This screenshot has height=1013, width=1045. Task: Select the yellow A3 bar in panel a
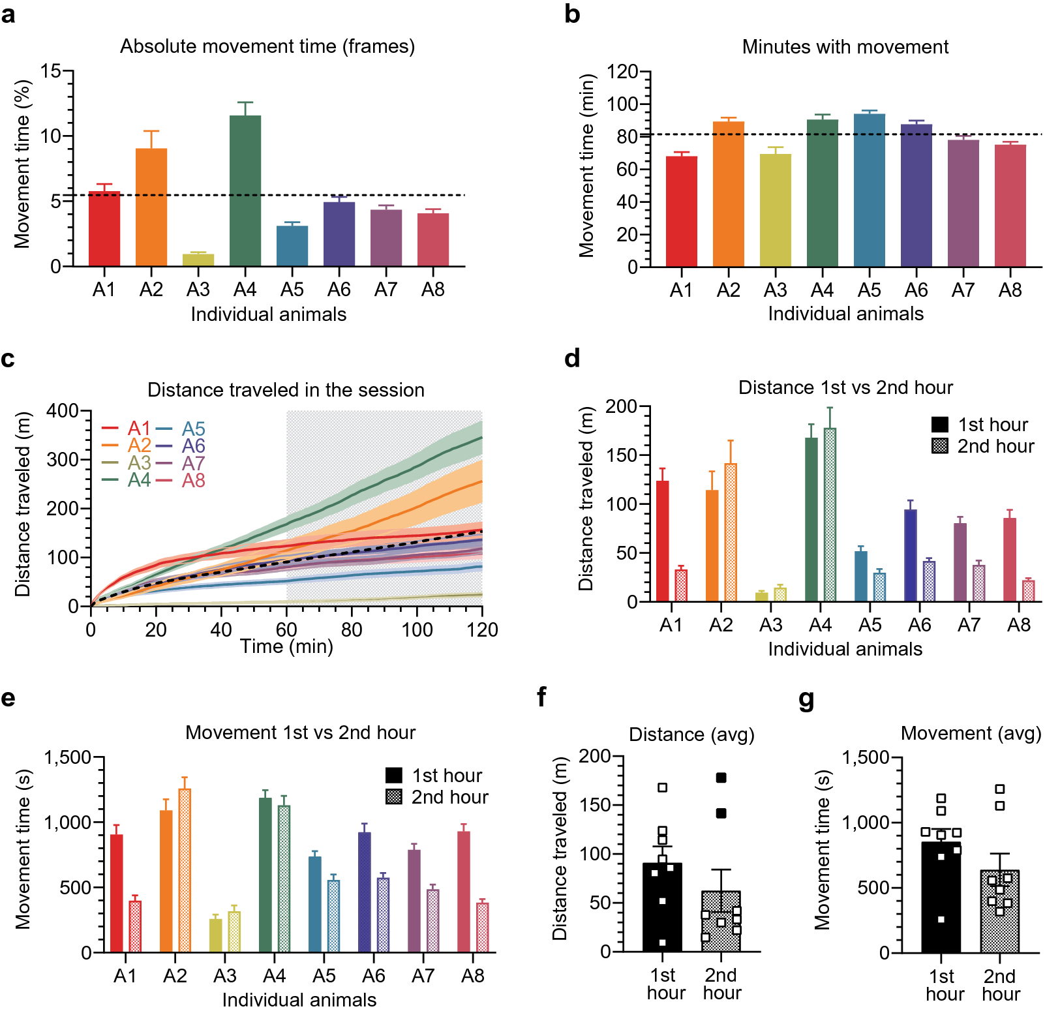point(198,260)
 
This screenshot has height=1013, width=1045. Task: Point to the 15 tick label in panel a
point(50,71)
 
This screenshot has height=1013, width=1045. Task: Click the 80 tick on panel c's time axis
point(352,629)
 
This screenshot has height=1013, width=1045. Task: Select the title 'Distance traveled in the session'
point(286,390)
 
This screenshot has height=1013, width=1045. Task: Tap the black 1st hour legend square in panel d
point(940,425)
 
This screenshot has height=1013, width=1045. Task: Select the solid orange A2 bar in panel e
point(166,881)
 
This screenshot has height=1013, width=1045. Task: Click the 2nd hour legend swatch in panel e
point(394,797)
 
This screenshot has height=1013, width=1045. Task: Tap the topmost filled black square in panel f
point(721,778)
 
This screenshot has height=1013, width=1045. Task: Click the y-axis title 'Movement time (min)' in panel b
point(586,166)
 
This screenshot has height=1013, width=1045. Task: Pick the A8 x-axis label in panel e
point(472,976)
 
